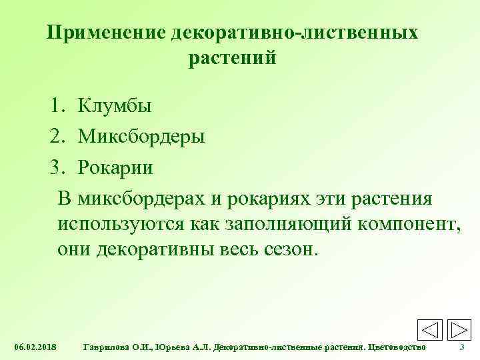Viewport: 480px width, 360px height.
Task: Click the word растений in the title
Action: [233, 59]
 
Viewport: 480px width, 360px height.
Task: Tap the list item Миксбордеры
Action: [141, 137]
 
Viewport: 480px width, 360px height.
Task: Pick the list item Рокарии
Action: [115, 167]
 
